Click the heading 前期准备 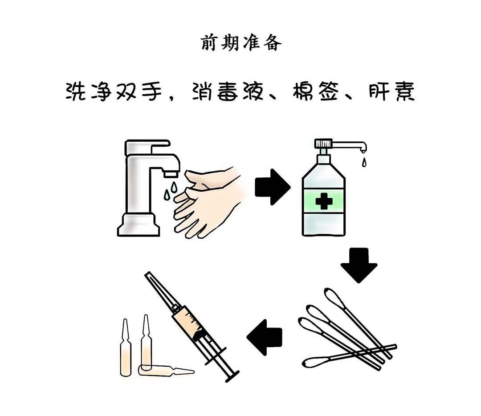point(241,43)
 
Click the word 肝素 point(391,91)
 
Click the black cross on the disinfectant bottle point(324,201)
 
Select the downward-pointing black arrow point(359,265)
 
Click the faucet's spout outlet point(171,174)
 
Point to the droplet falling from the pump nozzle point(364,162)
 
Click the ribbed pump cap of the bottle point(323,143)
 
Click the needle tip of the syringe point(147,273)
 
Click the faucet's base point(139,225)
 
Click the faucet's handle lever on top point(147,147)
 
